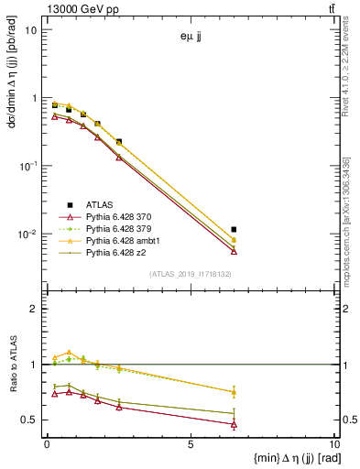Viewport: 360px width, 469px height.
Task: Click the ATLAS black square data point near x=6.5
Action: (x=235, y=229)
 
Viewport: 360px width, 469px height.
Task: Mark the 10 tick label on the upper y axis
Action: (x=31, y=30)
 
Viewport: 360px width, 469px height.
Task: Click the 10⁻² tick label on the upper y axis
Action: (x=29, y=234)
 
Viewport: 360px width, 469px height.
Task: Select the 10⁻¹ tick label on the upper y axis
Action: (x=29, y=166)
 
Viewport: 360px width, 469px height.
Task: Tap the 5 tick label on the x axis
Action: (x=191, y=444)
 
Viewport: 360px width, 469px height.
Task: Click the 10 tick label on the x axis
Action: (x=331, y=444)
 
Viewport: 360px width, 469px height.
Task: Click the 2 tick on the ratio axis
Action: (x=36, y=309)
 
